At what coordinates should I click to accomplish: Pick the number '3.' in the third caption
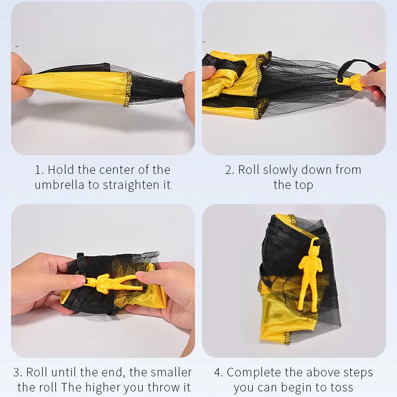click(18, 372)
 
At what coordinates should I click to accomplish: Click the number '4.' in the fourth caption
click(219, 372)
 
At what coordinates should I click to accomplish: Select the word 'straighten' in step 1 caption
click(131, 185)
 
